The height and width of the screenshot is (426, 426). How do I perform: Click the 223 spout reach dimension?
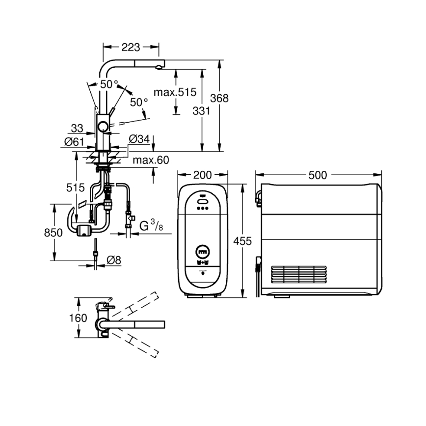click(131, 47)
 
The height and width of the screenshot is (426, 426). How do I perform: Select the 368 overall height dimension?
click(219, 98)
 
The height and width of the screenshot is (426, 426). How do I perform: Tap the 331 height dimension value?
click(201, 111)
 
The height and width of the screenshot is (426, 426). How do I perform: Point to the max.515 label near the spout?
click(174, 92)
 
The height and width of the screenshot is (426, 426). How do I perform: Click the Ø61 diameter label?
click(75, 142)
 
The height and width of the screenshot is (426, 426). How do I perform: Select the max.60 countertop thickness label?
click(151, 160)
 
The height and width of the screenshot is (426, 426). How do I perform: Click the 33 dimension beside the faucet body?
click(77, 129)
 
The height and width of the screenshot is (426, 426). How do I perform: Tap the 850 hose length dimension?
click(53, 232)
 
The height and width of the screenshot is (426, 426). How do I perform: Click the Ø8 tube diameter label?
click(113, 260)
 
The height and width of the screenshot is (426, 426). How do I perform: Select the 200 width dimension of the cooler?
click(202, 175)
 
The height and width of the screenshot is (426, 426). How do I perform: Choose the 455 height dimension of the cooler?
click(242, 241)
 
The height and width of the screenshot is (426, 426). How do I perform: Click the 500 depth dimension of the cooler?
click(319, 175)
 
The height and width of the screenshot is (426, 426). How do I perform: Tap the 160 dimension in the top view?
click(78, 318)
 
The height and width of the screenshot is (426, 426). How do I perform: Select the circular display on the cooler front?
click(202, 252)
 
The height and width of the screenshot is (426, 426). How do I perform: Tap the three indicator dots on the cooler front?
click(202, 208)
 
